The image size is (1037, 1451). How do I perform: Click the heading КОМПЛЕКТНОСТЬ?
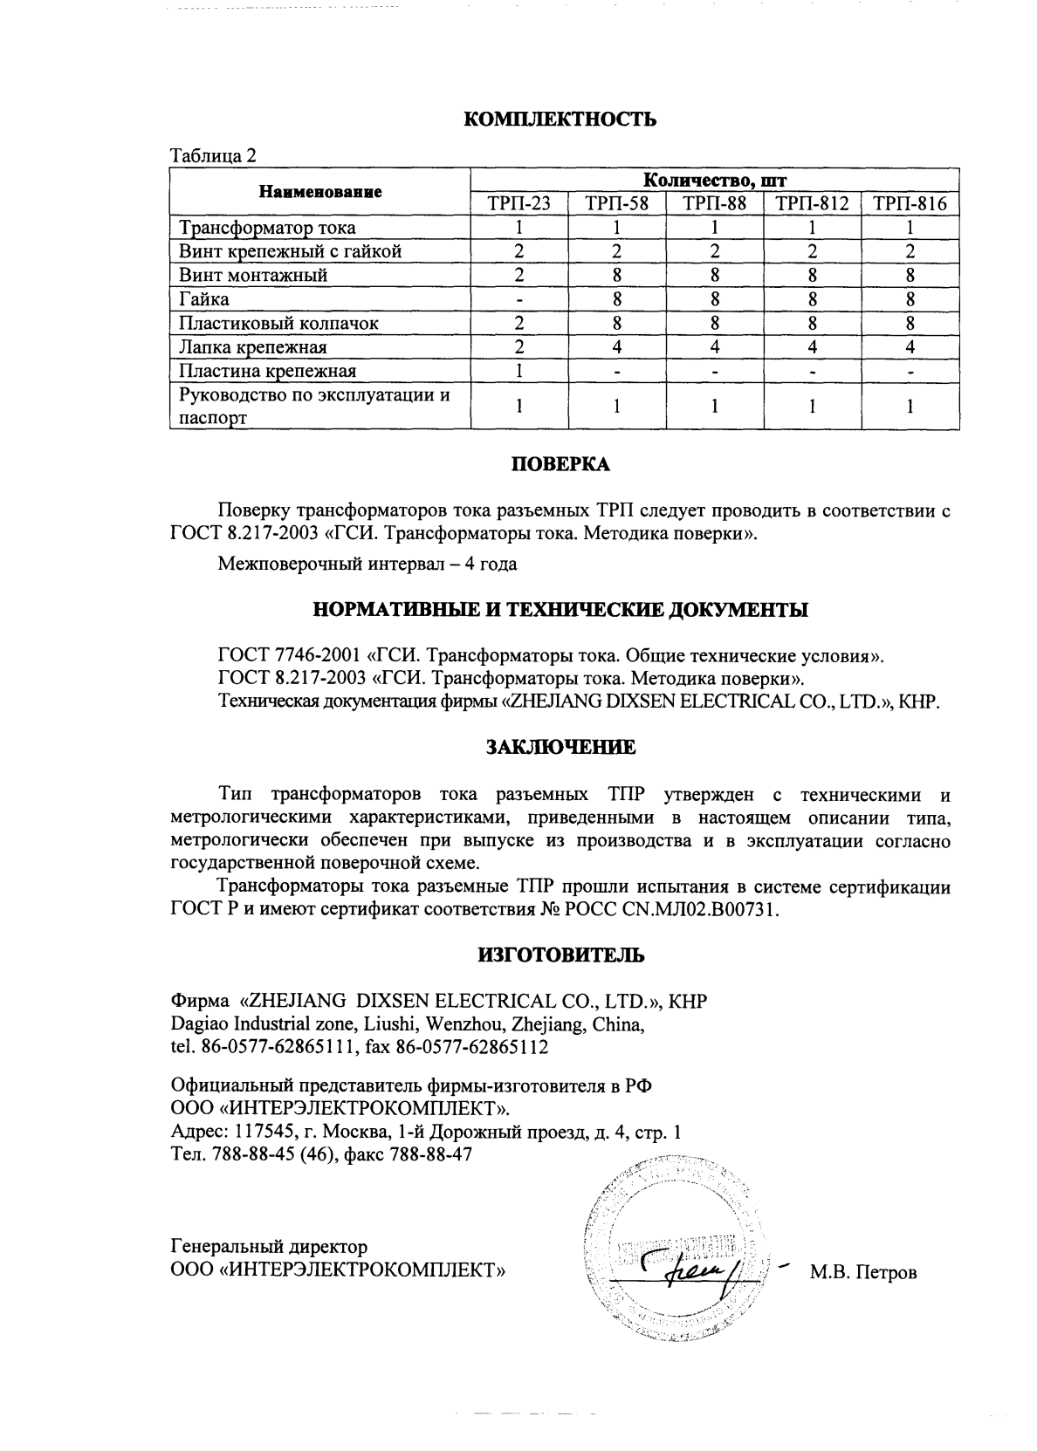(x=559, y=120)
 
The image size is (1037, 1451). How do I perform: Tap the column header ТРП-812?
(x=812, y=204)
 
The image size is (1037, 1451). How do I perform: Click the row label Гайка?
(x=204, y=299)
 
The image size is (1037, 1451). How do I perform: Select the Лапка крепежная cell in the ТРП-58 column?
(x=616, y=347)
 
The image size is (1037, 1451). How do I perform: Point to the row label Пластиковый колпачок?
(x=278, y=324)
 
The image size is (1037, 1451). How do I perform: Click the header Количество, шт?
(x=714, y=181)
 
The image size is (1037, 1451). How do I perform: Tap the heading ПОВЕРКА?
(x=560, y=465)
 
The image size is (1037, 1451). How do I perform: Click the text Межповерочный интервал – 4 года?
(x=367, y=565)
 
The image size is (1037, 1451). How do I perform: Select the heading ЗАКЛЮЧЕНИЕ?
(x=560, y=748)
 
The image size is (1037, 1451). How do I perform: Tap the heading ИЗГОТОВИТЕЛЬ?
(x=560, y=955)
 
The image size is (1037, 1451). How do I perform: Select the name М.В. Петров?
(x=862, y=1273)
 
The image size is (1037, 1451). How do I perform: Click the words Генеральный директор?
(x=269, y=1247)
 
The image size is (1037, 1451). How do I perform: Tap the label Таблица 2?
(x=214, y=156)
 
